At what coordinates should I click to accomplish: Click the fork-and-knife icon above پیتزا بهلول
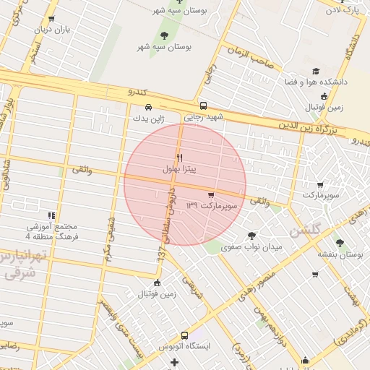[179, 157]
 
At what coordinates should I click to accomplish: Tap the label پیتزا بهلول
[179, 168]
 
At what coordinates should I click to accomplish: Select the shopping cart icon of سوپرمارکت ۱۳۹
[210, 194]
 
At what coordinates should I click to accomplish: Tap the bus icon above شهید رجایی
[204, 104]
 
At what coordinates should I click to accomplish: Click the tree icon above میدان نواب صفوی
[251, 235]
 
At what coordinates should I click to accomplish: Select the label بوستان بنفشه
[340, 254]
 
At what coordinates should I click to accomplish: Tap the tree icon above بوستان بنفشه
[340, 243]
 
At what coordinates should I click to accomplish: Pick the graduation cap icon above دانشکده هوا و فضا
[316, 71]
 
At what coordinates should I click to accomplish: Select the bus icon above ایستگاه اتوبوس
[184, 335]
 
